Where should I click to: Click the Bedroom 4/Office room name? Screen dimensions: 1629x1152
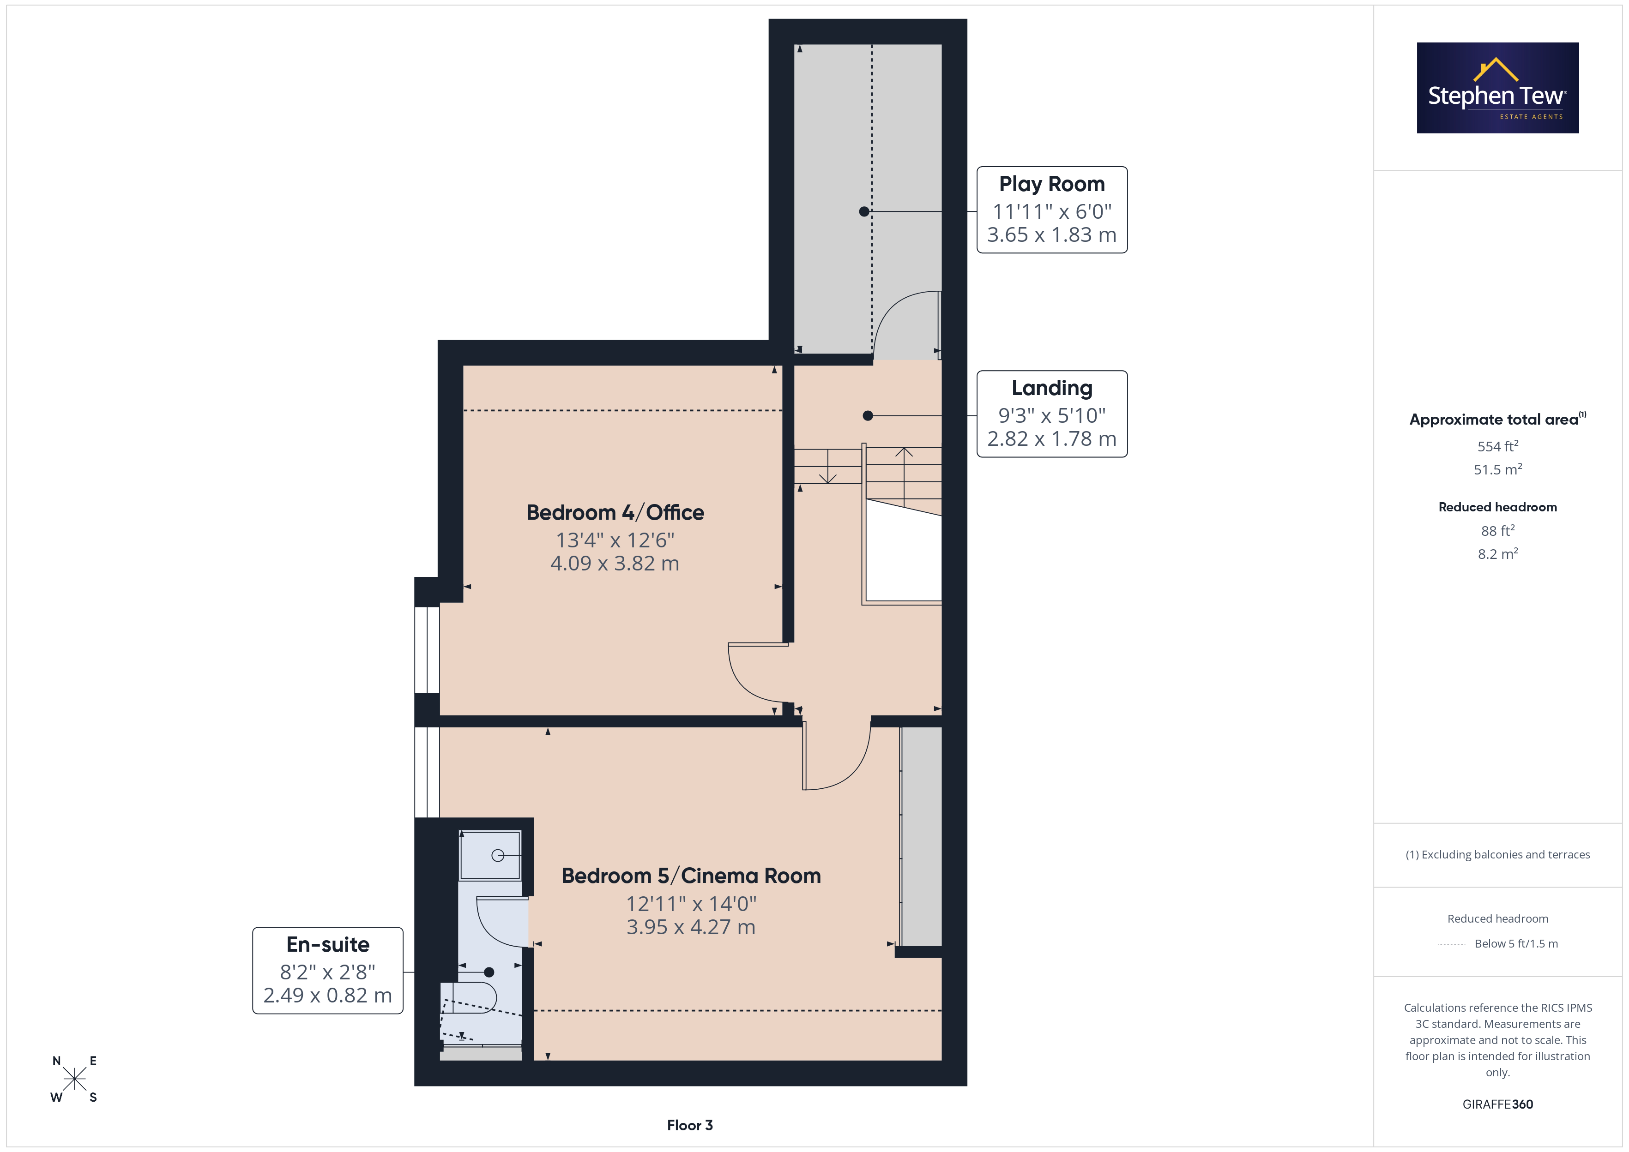[x=615, y=512]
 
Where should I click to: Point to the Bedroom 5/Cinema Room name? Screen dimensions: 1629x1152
[x=691, y=876]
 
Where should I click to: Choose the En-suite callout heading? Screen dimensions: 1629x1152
[x=328, y=945]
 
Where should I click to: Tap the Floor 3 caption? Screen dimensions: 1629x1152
[x=690, y=1125]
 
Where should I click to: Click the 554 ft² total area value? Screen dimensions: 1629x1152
[x=1498, y=446]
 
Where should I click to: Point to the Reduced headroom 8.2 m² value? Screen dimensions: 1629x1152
[x=1498, y=553]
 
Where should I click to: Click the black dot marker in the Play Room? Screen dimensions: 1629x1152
[x=864, y=211]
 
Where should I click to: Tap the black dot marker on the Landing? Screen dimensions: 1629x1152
[x=868, y=416]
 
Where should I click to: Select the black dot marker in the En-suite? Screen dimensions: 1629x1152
[x=489, y=972]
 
